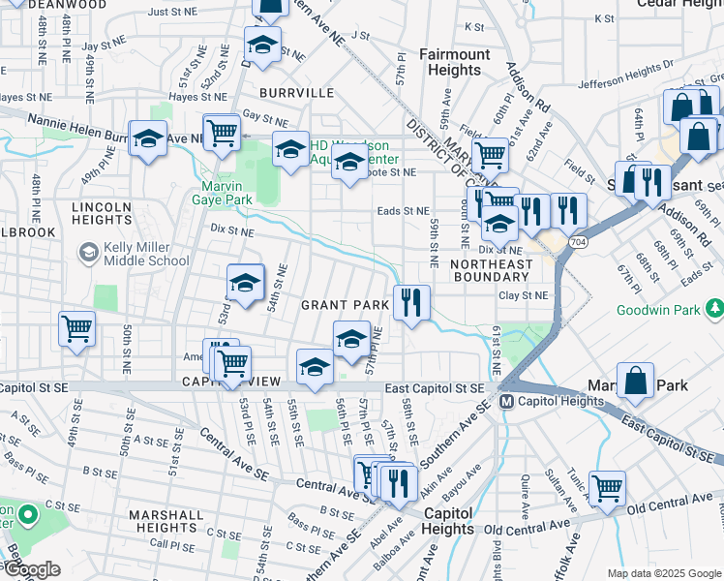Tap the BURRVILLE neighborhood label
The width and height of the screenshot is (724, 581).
pos(296,93)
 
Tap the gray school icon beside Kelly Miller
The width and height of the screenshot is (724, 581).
pos(88,253)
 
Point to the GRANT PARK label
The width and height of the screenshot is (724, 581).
pos(345,304)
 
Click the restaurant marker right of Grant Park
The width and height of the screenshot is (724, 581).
pos(411,303)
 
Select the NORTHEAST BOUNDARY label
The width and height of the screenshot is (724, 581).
pos(491,270)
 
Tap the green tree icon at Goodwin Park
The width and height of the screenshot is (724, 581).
pos(714,309)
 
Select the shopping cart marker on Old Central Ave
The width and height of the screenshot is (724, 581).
pos(607,488)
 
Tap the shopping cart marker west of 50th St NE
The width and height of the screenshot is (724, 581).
pos(76,328)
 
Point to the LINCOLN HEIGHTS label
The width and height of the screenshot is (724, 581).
pos(101,213)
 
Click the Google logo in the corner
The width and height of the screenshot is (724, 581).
pos(31,569)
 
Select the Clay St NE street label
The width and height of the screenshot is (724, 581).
pos(523,295)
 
